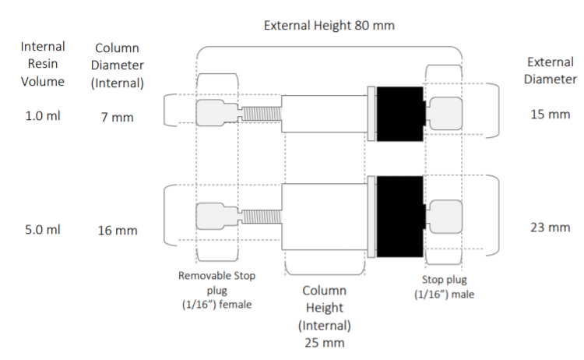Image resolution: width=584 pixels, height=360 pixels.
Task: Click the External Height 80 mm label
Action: point(329,26)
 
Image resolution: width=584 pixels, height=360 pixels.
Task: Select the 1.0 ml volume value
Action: point(43,116)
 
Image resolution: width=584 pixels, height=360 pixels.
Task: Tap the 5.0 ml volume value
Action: point(43,230)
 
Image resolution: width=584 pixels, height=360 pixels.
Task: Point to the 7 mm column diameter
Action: point(118,118)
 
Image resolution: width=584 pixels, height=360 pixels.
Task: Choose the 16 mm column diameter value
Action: point(118,231)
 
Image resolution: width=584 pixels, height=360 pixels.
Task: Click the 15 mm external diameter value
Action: point(550,114)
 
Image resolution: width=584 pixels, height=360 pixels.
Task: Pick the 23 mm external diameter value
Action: point(550,228)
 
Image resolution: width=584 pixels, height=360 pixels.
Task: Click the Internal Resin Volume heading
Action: point(43,64)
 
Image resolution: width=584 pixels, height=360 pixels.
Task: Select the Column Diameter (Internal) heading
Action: point(118,65)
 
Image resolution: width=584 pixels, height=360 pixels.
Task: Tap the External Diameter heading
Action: point(550,70)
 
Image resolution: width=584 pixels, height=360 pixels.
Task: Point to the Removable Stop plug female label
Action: point(216,290)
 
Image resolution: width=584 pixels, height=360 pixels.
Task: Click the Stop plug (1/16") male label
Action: point(444,287)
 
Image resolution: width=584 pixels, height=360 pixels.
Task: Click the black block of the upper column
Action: point(400,114)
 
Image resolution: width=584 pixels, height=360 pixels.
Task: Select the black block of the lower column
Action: point(400,217)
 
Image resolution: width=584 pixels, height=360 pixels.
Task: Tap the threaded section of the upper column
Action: point(262,114)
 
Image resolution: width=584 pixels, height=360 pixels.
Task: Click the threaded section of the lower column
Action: point(262,217)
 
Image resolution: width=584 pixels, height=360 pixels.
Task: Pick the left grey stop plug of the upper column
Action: point(216,113)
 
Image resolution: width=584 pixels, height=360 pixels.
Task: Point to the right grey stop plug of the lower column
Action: point(445,217)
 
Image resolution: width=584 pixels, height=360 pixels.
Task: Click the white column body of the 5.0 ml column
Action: point(324,217)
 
